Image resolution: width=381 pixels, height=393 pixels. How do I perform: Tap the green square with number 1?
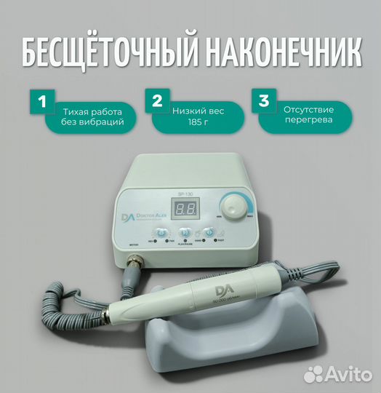click(41, 103)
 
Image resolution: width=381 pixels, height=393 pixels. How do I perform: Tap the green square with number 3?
click(265, 103)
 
